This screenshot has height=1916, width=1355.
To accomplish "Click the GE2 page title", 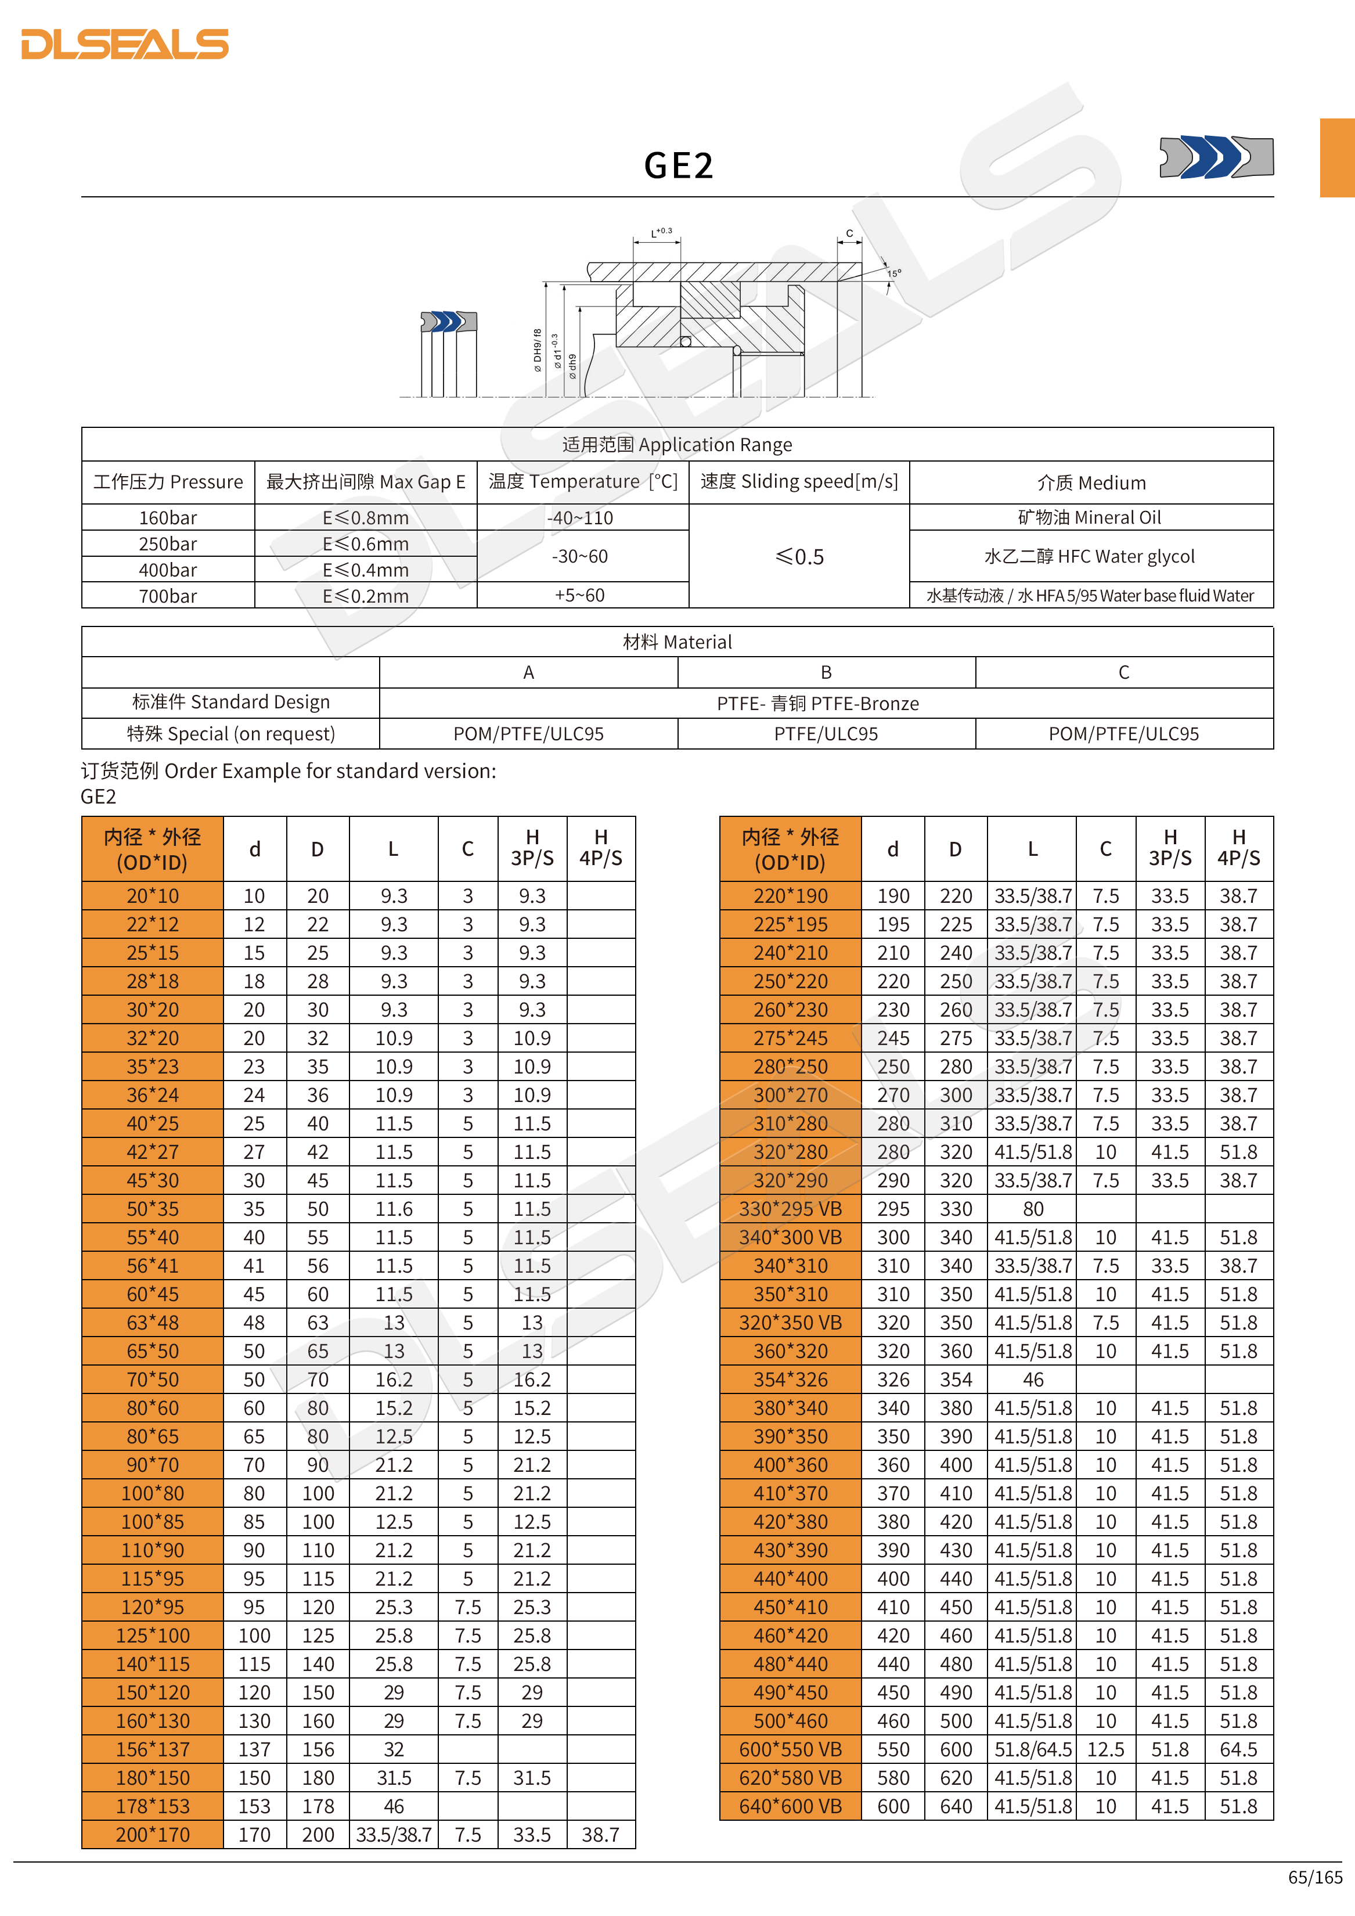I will tap(678, 165).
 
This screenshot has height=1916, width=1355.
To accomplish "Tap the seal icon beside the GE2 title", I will tap(1216, 156).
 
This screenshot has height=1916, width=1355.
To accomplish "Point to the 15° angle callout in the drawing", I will tap(893, 273).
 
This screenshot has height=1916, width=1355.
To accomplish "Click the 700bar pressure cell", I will tap(168, 596).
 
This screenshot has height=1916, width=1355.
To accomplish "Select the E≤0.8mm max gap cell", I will tap(365, 517).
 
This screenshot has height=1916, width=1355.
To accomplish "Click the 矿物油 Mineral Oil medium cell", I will tap(1090, 517).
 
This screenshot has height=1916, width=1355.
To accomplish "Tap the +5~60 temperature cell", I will tap(580, 595).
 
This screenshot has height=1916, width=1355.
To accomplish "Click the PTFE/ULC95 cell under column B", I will tap(826, 733).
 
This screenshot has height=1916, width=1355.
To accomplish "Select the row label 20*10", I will tap(153, 895).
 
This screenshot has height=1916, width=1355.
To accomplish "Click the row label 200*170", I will tap(153, 1834).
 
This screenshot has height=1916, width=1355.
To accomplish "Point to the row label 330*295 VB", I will tap(790, 1208).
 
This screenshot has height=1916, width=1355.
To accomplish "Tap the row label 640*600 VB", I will tap(790, 1806).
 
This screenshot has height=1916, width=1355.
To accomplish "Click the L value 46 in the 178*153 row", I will tap(394, 1806).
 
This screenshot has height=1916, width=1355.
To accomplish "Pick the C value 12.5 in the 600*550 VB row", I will tap(1105, 1749).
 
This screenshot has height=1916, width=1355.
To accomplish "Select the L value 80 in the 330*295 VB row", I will tap(1033, 1208).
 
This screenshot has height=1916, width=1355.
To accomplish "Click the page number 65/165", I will tap(1315, 1877).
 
